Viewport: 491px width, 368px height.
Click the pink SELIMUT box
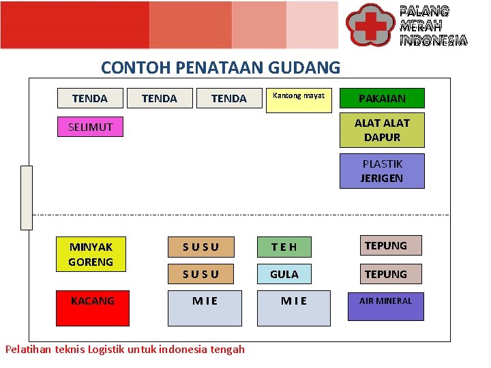tap(90, 127)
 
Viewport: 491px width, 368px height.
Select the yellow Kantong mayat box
tap(298, 100)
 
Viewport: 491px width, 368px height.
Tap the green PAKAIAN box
tap(382, 98)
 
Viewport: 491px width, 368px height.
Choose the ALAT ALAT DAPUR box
tap(382, 130)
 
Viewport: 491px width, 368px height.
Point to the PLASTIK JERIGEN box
tap(382, 171)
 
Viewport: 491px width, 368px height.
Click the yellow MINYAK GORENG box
tap(91, 254)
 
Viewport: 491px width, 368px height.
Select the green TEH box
tap(284, 246)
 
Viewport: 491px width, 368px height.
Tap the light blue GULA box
tap(284, 274)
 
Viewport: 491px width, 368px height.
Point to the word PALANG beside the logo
tap(424, 11)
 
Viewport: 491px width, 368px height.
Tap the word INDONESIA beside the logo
tap(433, 40)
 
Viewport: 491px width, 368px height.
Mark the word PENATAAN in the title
tap(220, 68)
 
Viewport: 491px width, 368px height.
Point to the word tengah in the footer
tap(227, 350)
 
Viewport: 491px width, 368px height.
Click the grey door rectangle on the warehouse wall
tap(27, 198)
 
